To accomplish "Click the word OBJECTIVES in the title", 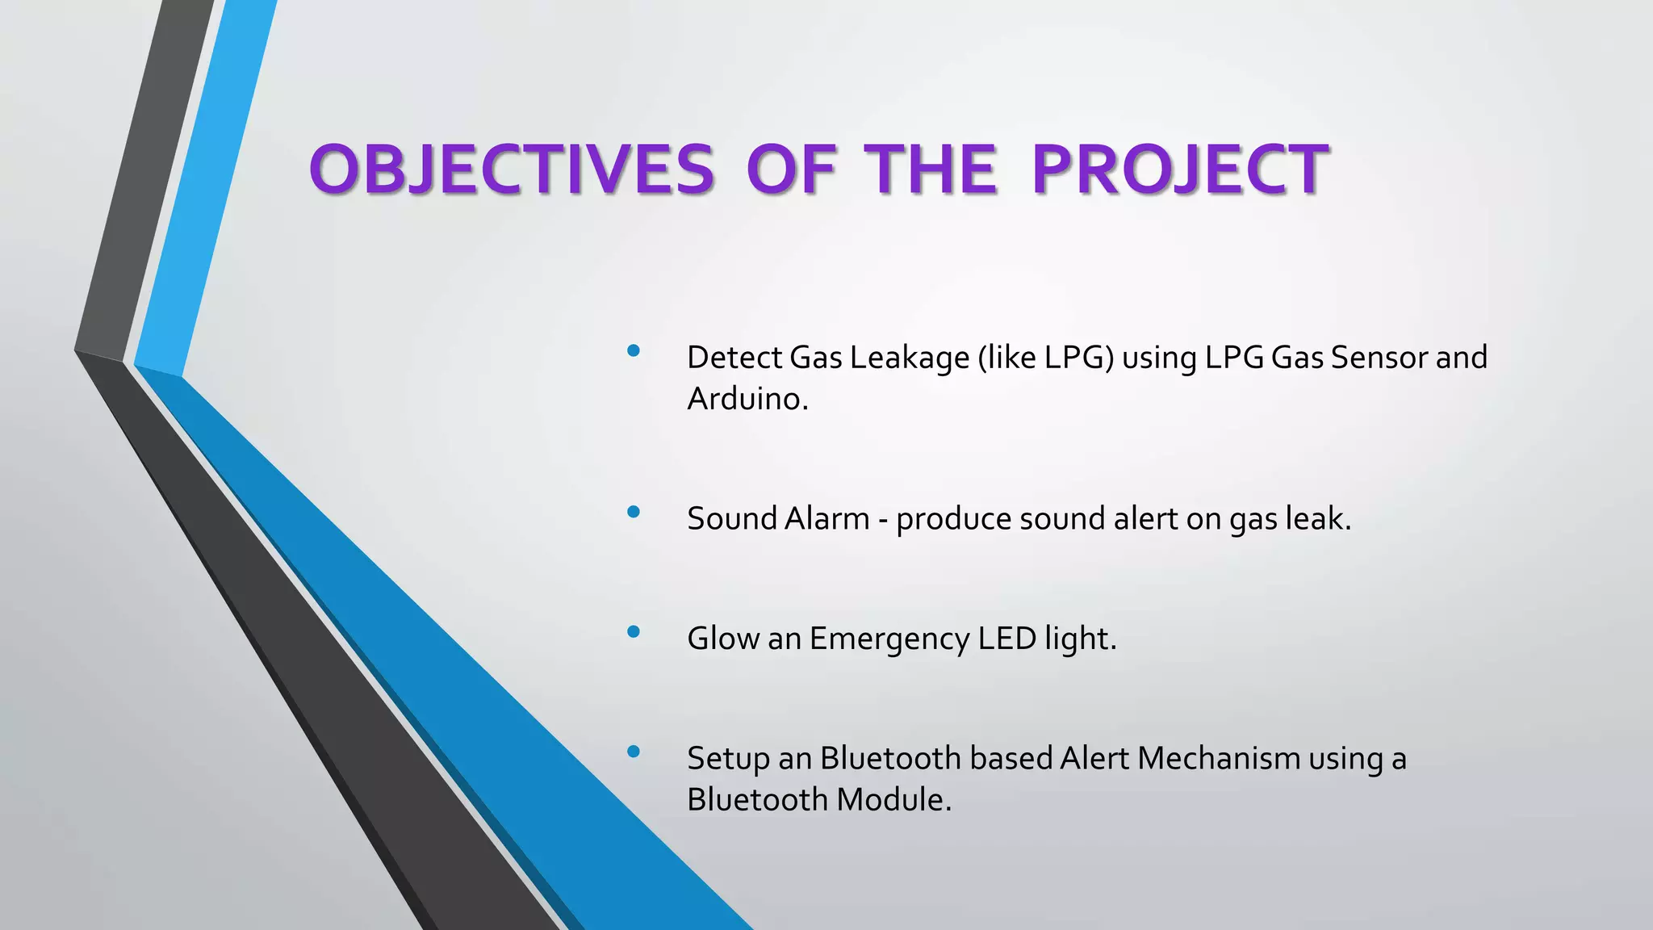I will pos(511,170).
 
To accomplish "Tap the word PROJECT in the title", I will pos(1179,170).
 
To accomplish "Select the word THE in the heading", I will pos(930,170).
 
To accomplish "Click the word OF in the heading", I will pos(790,170).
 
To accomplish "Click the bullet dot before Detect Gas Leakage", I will pos(634,350).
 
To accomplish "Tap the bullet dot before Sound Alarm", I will pos(634,511).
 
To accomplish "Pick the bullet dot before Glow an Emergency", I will pos(634,631).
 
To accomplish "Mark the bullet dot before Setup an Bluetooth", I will pos(634,752).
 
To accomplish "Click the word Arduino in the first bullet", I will pos(747,399).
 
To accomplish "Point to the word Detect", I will pos(734,358).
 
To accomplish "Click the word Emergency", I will pos(889,639).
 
